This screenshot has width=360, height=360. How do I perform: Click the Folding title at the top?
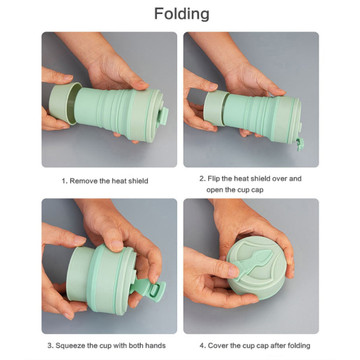(182, 14)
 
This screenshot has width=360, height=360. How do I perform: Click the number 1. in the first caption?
(65, 181)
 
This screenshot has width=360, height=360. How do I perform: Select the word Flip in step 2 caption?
(214, 178)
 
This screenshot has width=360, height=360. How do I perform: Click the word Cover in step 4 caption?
(218, 346)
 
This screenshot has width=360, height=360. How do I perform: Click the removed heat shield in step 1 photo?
(63, 103)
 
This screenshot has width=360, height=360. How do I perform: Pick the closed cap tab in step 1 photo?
(163, 116)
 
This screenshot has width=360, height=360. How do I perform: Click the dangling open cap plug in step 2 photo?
(300, 143)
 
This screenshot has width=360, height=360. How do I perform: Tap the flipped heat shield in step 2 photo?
(215, 109)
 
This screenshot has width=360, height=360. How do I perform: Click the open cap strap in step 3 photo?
(149, 289)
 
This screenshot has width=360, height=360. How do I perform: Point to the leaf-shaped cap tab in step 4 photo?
(256, 264)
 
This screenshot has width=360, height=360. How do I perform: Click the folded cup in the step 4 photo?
(256, 267)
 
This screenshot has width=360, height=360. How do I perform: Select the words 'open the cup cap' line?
(235, 190)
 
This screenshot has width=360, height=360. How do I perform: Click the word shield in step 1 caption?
(138, 181)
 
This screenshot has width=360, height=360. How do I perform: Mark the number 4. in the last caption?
(203, 346)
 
